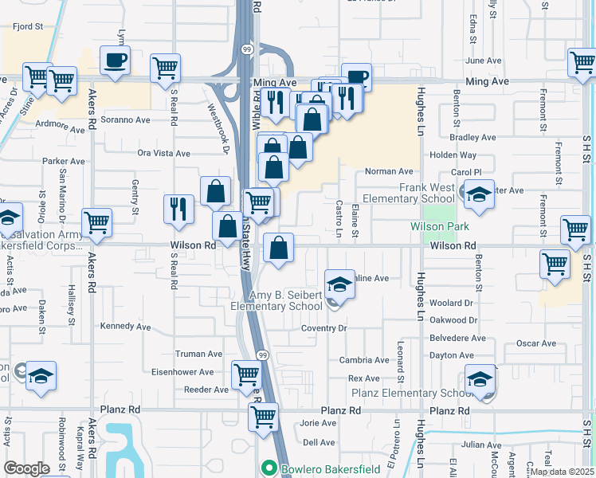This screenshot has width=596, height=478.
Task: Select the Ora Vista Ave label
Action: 164,153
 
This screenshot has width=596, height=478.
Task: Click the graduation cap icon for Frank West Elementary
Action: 478,196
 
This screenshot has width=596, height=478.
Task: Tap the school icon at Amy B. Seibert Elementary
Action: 339,284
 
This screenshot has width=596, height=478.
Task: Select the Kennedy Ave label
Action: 126,327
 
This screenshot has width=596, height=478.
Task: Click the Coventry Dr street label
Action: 325,328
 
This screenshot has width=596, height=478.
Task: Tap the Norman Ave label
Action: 389,171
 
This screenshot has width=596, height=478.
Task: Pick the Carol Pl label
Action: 467,172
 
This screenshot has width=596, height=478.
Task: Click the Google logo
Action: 26,468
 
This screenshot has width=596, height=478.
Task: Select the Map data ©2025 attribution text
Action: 562,472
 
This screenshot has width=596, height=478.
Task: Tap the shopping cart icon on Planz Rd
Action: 263,416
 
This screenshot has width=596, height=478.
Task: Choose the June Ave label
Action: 483,61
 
